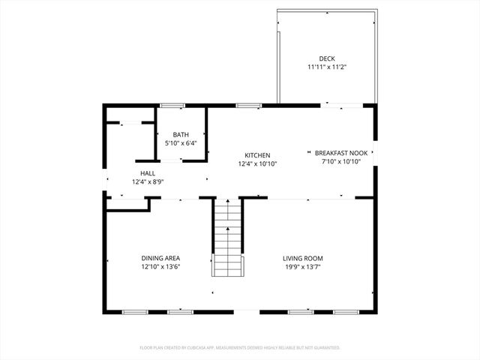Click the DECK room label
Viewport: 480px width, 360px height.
(x=326, y=58)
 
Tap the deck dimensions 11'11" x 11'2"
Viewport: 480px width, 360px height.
(x=326, y=67)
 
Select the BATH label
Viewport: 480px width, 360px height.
(x=180, y=134)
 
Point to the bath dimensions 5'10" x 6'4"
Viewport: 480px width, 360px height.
(x=180, y=142)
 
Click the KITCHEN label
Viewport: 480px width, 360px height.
(x=258, y=155)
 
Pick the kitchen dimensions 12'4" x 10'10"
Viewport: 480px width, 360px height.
(x=258, y=163)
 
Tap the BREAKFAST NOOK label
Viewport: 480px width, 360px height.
(x=341, y=152)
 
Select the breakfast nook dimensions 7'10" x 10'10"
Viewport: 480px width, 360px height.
(x=341, y=160)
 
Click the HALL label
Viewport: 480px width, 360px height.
(x=148, y=173)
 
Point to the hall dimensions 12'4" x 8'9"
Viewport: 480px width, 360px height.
(x=148, y=181)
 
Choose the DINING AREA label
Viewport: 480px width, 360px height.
(x=160, y=258)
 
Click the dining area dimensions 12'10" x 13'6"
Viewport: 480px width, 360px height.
(x=160, y=266)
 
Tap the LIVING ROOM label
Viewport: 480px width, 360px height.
(x=302, y=258)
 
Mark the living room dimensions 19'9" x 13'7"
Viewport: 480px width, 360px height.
(x=302, y=266)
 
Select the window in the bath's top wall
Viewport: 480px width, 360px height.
(x=172, y=105)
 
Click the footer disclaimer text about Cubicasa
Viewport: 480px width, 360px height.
(x=240, y=348)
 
